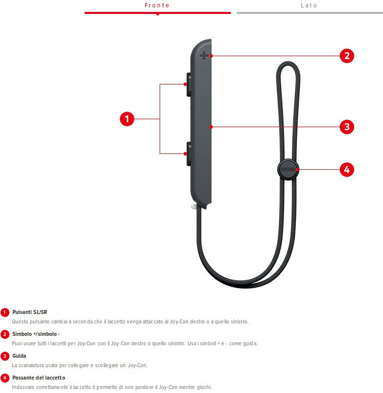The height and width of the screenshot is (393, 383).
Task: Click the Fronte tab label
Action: click(x=157, y=5)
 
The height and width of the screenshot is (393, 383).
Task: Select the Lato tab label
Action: click(x=309, y=5)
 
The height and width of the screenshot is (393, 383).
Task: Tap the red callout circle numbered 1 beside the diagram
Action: click(x=127, y=119)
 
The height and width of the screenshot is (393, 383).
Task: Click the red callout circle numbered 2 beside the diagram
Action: click(x=347, y=56)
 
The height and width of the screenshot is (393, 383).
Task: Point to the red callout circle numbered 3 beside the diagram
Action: click(x=347, y=127)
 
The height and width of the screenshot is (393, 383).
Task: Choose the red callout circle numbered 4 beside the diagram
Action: click(x=347, y=170)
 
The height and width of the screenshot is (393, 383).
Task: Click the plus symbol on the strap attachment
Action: click(x=204, y=56)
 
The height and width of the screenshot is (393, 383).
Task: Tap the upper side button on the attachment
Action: click(x=189, y=84)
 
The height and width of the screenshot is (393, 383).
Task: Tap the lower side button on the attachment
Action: click(x=189, y=154)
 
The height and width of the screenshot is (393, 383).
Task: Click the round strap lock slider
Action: click(x=288, y=170)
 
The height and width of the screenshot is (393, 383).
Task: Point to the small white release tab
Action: click(x=194, y=206)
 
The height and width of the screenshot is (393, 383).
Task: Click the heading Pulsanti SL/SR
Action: click(x=30, y=312)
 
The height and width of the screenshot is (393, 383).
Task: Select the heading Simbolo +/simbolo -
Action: click(x=36, y=334)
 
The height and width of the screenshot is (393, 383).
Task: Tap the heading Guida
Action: click(x=19, y=356)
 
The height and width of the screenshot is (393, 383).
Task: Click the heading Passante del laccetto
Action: click(x=39, y=378)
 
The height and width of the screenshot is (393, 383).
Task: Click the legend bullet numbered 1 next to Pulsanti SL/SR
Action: click(x=4, y=313)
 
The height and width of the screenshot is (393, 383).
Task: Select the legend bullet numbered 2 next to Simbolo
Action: click(x=4, y=334)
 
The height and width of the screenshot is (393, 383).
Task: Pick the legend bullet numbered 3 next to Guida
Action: click(x=4, y=356)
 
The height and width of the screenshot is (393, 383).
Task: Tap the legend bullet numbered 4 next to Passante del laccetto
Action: click(x=4, y=378)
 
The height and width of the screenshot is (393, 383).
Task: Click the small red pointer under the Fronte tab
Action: click(x=158, y=14)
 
